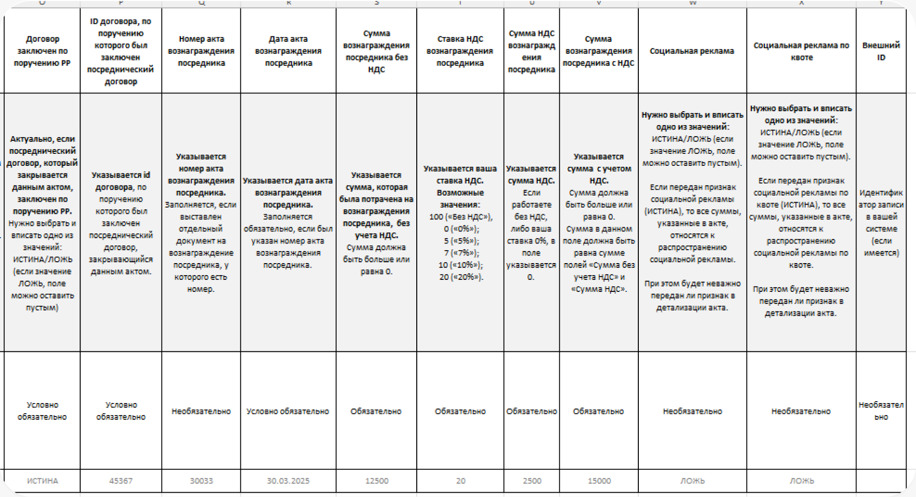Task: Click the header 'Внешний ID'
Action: [x=881, y=51]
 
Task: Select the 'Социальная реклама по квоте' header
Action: [x=801, y=51]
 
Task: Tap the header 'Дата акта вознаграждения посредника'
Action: [x=288, y=51]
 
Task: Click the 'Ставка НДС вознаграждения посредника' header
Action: [x=460, y=51]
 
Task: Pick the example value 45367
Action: [x=121, y=481]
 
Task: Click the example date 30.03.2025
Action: [x=288, y=481]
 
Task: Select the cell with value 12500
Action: [x=376, y=481]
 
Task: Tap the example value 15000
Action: [x=599, y=481]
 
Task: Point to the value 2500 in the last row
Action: [x=532, y=481]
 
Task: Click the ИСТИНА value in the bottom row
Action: [x=42, y=481]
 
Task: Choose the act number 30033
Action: [x=201, y=481]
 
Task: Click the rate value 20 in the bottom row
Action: [x=460, y=481]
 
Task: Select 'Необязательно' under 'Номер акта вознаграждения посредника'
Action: [x=201, y=411]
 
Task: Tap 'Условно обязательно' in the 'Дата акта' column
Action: [x=288, y=411]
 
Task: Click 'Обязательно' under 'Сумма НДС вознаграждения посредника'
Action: [x=531, y=411]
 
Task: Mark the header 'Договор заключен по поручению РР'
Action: [x=42, y=51]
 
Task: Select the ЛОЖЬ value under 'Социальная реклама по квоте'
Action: [x=801, y=481]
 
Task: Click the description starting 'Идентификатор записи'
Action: [x=881, y=223]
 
